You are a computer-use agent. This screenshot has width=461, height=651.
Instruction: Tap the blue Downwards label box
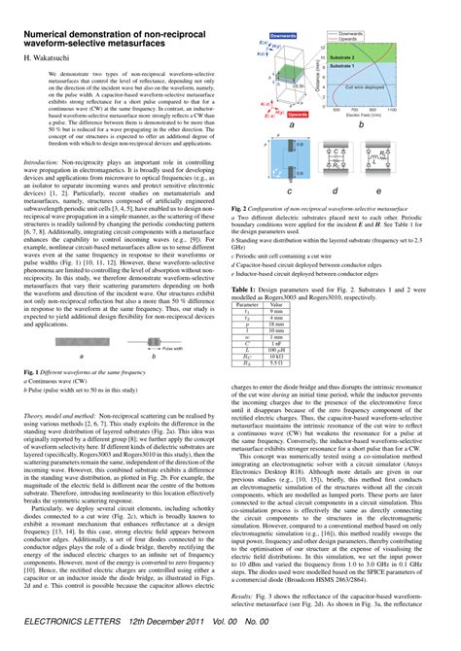281,34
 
